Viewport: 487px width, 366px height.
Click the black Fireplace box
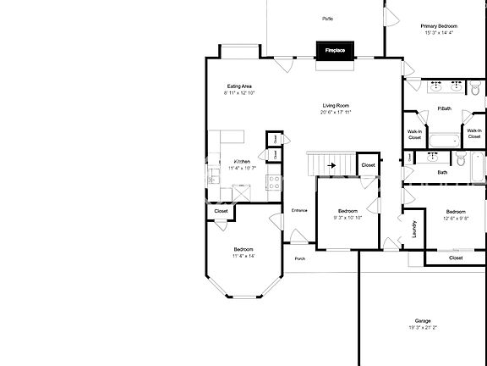coord(335,51)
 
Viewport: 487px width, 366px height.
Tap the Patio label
coord(327,18)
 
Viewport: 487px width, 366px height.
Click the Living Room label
coord(336,105)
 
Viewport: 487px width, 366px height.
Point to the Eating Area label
coord(239,86)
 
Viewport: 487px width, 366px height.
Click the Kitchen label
coord(242,161)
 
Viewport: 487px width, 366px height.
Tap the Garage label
coord(423,321)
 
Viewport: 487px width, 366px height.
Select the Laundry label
coord(414,230)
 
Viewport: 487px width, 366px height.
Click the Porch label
coord(299,258)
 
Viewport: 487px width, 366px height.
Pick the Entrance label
coord(299,210)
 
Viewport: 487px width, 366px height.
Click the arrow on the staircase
coord(331,166)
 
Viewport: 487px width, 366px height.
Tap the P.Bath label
coord(443,108)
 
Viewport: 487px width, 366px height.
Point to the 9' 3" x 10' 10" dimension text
coord(347,218)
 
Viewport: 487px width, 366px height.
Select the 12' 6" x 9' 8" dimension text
coord(456,218)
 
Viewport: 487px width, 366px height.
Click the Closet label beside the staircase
coord(368,165)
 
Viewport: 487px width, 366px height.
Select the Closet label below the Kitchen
coord(221,211)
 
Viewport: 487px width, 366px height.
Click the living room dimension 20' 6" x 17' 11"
coord(336,112)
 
